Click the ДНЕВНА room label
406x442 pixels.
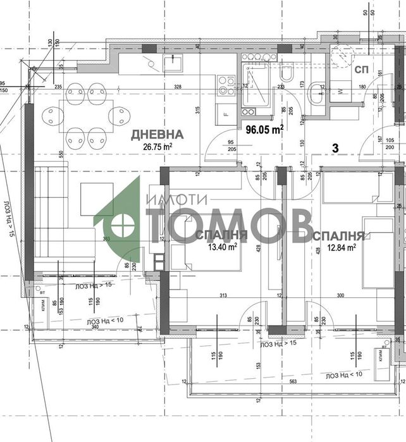[157, 134]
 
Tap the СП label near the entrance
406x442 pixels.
[362, 68]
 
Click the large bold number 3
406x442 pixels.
[336, 148]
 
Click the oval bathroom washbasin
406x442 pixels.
[316, 95]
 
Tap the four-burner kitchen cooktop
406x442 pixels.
[226, 86]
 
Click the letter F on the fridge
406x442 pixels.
[226, 114]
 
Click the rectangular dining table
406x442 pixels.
[86, 115]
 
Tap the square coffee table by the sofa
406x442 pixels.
[97, 199]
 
